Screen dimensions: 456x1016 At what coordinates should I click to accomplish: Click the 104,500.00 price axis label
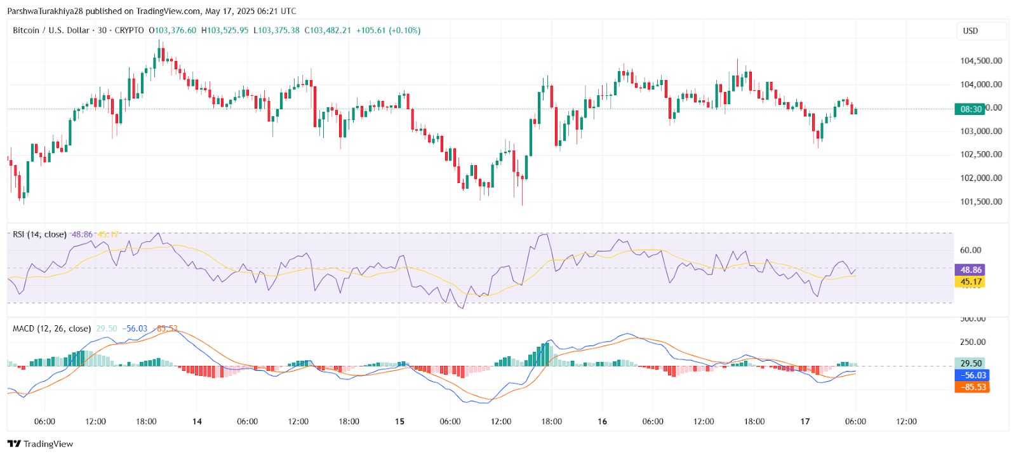(x=981, y=61)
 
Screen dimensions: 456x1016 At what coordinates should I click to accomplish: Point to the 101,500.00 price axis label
(x=981, y=202)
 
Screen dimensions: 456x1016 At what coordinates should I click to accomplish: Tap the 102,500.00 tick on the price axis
(x=981, y=154)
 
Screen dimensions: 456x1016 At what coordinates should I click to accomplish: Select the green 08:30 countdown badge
(x=970, y=109)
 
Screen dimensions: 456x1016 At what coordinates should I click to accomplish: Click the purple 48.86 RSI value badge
(x=970, y=270)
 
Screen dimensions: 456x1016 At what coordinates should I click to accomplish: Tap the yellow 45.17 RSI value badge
(x=970, y=282)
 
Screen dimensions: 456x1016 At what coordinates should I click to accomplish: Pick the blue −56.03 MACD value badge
(x=972, y=375)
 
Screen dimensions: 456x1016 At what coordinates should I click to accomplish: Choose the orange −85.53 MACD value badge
(x=972, y=387)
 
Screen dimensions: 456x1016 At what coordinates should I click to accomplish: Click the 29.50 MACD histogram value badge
(x=970, y=364)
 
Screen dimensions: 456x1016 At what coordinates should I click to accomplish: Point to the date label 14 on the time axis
(x=197, y=421)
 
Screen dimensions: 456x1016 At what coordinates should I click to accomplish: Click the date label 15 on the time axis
(x=399, y=421)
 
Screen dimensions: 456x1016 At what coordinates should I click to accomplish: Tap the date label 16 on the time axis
(x=602, y=421)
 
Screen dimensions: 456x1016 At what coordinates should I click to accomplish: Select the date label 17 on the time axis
(x=805, y=421)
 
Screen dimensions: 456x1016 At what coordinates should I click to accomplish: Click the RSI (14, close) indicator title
(x=39, y=234)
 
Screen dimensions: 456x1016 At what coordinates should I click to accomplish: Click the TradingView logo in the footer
(x=41, y=444)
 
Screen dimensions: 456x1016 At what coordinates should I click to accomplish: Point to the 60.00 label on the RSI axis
(x=970, y=250)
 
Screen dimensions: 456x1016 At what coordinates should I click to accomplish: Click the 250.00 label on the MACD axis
(x=972, y=342)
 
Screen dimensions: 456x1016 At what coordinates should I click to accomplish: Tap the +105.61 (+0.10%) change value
(x=388, y=30)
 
